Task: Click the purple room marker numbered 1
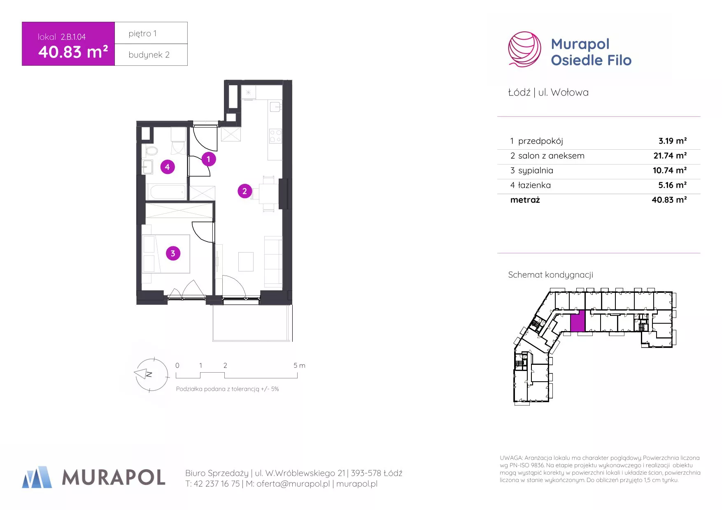click(x=208, y=159)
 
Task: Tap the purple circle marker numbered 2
click(x=245, y=191)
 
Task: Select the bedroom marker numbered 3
click(x=173, y=253)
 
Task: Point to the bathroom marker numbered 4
click(x=167, y=167)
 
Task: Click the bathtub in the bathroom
click(x=167, y=192)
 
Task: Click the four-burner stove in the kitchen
click(x=275, y=136)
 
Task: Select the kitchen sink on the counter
click(x=275, y=107)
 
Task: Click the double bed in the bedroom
click(x=166, y=254)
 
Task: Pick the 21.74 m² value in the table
click(x=670, y=155)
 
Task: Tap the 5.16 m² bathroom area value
click(x=672, y=185)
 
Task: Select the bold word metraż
click(x=525, y=200)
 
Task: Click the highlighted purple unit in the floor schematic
click(x=578, y=321)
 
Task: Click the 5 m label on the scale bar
click(x=299, y=365)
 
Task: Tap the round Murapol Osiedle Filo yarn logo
click(x=524, y=49)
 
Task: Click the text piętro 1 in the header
click(x=142, y=33)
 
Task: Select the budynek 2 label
click(x=149, y=55)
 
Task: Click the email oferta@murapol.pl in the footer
click(x=293, y=484)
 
